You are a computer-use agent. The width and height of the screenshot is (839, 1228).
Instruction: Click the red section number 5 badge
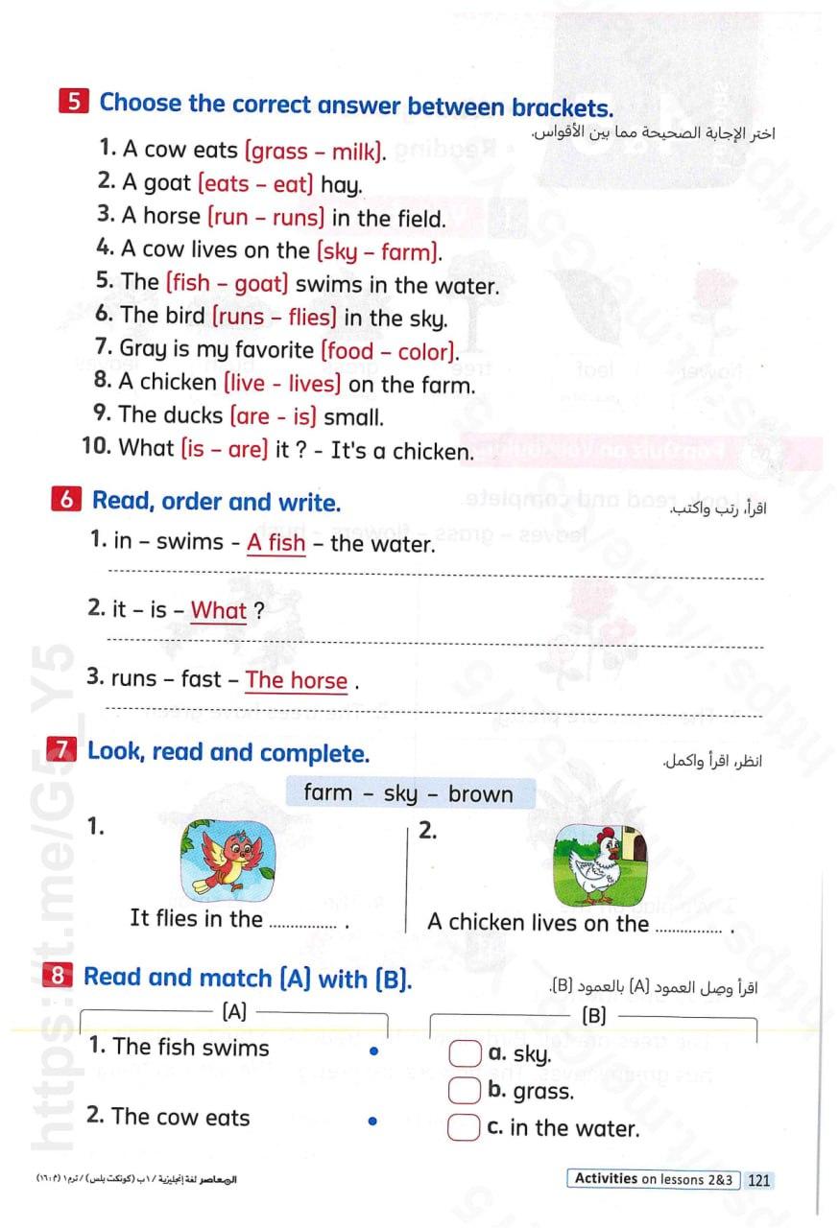75,102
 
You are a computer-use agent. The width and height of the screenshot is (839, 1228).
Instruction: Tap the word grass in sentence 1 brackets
279,151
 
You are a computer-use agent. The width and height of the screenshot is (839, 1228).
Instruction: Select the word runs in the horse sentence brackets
297,218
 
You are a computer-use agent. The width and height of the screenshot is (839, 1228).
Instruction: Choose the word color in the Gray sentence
423,351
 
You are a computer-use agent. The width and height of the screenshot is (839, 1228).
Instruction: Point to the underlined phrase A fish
276,543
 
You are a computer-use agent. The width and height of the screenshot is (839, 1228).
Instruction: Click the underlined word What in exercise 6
219,610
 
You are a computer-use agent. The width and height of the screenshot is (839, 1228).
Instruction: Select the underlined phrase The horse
297,680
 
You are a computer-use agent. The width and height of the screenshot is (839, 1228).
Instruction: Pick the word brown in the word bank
480,793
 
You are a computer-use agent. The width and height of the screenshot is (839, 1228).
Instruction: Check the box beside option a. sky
465,1054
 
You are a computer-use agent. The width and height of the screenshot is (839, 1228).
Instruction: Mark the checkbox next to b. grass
465,1091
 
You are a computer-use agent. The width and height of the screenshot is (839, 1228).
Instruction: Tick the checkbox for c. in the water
465,1127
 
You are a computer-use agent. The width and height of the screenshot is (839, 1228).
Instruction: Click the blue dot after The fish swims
373,1051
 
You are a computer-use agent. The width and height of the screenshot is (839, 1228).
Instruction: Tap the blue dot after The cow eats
373,1120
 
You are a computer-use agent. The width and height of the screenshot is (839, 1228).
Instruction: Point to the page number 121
758,1180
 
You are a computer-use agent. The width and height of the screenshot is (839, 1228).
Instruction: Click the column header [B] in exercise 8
594,1016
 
